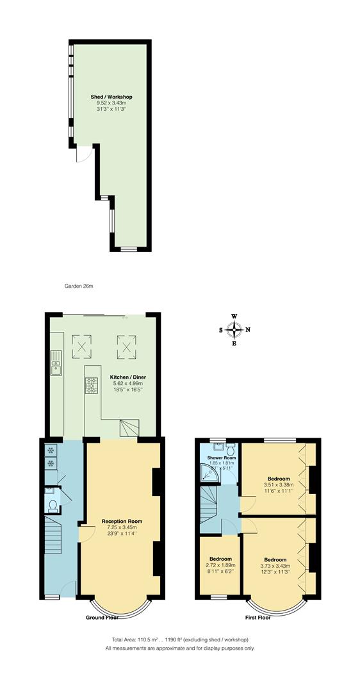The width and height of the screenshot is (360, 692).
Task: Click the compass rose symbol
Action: (234, 329)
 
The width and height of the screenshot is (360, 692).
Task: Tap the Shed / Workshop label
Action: (112, 97)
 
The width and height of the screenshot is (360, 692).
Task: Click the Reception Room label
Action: (122, 522)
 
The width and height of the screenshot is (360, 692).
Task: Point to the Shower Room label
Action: (222, 458)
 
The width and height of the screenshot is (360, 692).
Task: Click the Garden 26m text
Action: (79, 286)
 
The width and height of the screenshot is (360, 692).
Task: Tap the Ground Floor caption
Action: (102, 618)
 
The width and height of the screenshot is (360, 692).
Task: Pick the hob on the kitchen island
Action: (92, 385)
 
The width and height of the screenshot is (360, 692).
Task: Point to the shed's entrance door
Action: (83, 154)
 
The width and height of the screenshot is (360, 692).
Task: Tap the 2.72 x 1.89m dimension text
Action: (220, 565)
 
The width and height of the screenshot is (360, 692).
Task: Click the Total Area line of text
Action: (179, 640)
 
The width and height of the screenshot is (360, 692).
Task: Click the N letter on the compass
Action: (248, 330)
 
